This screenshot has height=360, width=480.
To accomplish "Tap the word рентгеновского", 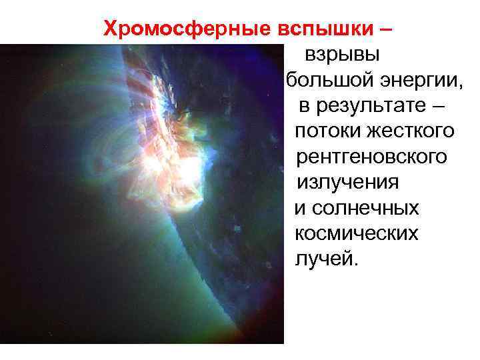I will click(x=371, y=157).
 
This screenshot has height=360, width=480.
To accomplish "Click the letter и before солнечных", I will click(x=299, y=208).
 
